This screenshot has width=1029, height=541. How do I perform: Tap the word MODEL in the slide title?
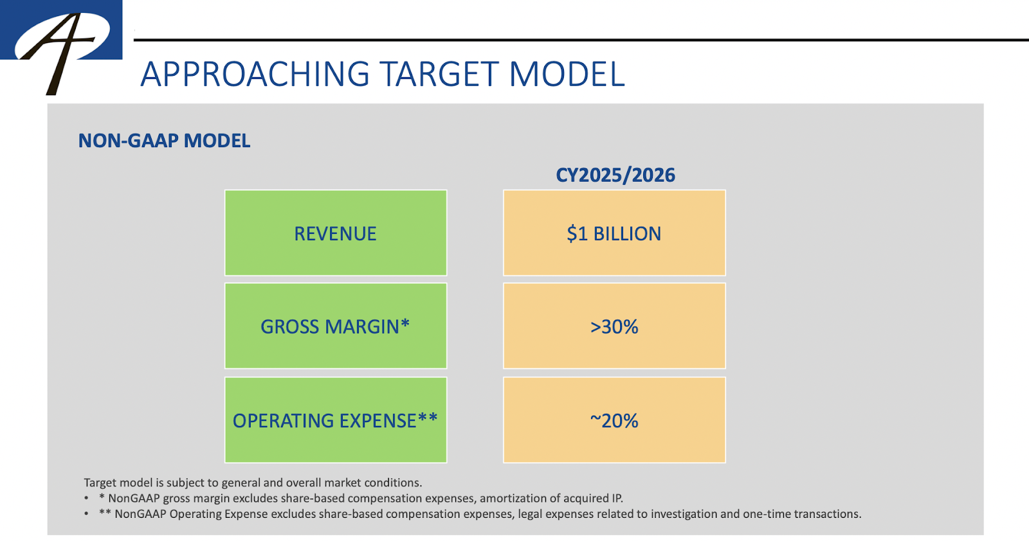[x=567, y=74]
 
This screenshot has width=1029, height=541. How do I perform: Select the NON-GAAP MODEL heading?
[x=164, y=141]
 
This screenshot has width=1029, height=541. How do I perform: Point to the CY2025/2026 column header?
[x=615, y=175]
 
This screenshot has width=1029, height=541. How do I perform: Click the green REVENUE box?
[x=335, y=233]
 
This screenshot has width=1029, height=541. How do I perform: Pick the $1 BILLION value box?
[x=614, y=233]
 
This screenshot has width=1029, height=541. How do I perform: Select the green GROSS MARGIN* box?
[x=335, y=326]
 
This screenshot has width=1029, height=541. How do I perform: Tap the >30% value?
[x=614, y=326]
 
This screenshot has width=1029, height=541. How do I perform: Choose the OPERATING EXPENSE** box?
[x=335, y=420]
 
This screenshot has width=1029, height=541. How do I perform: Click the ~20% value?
[x=614, y=420]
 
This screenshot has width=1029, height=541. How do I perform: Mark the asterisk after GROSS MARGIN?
[x=405, y=324]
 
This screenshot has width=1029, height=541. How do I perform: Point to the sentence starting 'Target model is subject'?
[x=253, y=483]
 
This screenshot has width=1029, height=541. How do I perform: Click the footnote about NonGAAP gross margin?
[x=360, y=498]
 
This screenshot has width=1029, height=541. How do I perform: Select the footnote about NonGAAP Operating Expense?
[x=479, y=514]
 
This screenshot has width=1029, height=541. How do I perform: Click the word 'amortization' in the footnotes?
[x=512, y=498]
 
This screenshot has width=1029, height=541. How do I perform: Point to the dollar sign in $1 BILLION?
[x=571, y=233]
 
